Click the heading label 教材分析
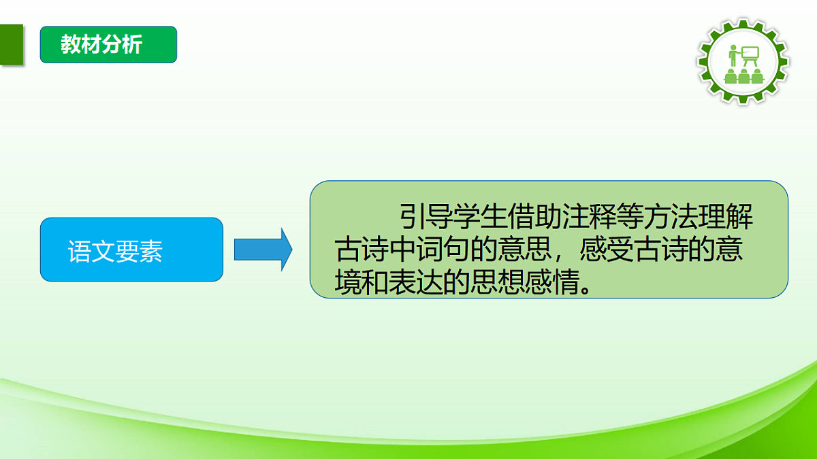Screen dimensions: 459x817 [101, 45]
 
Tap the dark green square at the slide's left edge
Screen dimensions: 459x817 [11, 45]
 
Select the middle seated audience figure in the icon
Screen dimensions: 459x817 [743, 75]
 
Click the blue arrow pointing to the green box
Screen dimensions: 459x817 [263, 250]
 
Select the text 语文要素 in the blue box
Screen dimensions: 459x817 [115, 252]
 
